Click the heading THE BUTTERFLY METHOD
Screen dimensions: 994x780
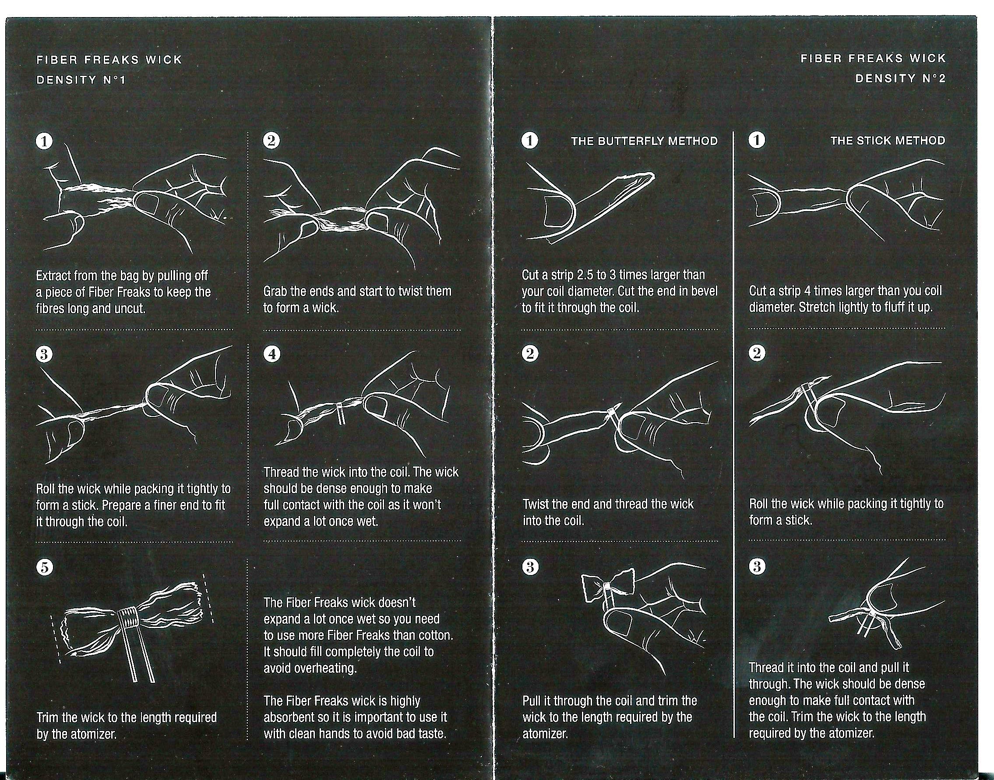(644, 141)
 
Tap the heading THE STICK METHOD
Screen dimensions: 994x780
(888, 141)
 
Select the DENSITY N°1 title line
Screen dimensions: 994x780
(81, 80)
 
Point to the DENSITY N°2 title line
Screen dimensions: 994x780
(900, 78)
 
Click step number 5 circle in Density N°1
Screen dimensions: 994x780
(44, 568)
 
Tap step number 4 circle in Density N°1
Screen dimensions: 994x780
(272, 354)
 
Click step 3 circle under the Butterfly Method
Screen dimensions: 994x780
(530, 567)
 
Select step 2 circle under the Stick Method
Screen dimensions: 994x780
(757, 353)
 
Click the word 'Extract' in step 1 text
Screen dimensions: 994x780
(53, 276)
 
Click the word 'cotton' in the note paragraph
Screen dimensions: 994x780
(436, 635)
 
